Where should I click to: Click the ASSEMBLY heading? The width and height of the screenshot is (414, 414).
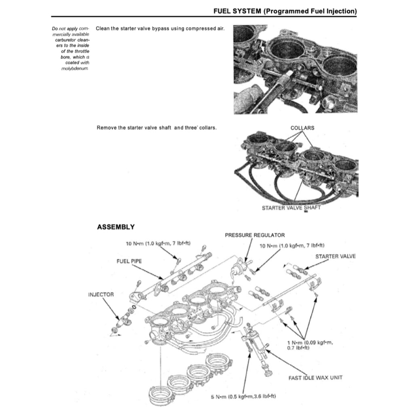tap(116, 227)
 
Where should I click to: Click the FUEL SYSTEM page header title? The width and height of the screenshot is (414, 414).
tap(285, 11)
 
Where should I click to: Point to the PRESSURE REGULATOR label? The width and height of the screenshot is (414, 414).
tap(255, 235)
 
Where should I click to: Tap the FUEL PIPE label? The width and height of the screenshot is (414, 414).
tap(129, 261)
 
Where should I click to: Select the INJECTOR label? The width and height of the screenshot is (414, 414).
tap(101, 294)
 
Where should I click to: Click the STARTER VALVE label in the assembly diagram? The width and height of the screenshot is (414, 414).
tap(336, 256)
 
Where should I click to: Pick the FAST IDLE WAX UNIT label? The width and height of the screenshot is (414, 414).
tap(315, 378)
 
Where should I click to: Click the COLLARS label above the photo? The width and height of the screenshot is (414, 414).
tap(302, 128)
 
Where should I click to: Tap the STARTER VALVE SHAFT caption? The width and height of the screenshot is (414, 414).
tap(291, 208)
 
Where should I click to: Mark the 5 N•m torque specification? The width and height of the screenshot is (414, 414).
tap(243, 397)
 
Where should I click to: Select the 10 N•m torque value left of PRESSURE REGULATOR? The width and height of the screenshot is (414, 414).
tap(158, 243)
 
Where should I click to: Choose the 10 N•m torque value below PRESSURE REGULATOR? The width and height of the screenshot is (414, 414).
tap(291, 245)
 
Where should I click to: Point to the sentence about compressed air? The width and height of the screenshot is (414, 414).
tap(160, 29)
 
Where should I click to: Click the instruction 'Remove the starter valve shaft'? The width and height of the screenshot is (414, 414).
tap(156, 128)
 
